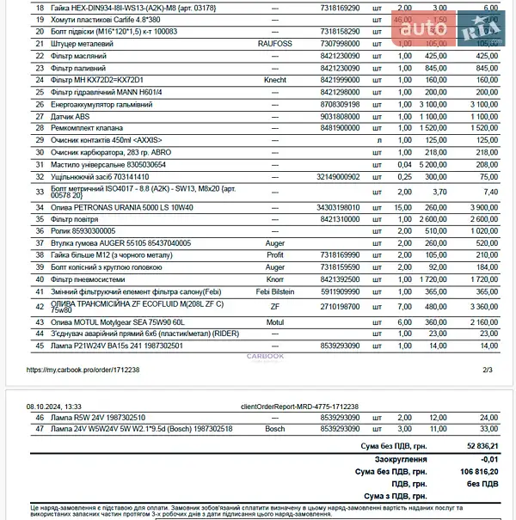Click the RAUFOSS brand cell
point(274,41)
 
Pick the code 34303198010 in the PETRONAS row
point(341,207)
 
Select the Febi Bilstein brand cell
point(274,292)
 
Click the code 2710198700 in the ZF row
point(341,306)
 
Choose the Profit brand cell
point(274,255)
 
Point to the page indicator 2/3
point(487,370)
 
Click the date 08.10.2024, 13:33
point(54,405)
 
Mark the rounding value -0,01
point(488,459)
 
